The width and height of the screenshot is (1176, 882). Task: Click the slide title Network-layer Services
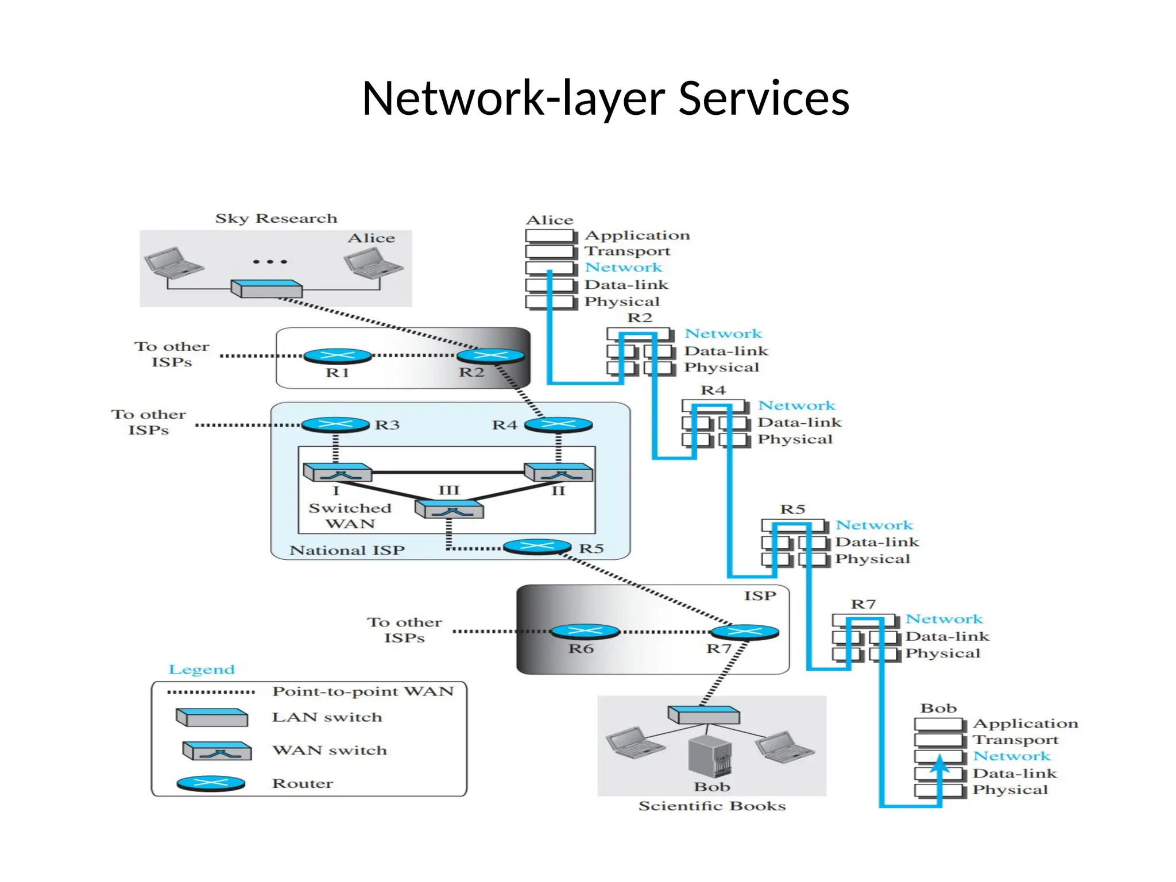(605, 98)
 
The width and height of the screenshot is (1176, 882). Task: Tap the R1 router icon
(337, 356)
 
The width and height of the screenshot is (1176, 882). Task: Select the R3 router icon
(335, 425)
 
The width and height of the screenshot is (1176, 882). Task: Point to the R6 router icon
(585, 632)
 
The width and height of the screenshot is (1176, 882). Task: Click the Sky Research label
(276, 219)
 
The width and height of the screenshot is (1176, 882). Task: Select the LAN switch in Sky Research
(266, 288)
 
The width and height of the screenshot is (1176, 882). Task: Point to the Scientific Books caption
(712, 806)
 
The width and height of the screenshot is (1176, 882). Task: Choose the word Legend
(202, 670)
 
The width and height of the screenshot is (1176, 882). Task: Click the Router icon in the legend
(211, 783)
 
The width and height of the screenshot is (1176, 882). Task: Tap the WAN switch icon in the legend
(217, 751)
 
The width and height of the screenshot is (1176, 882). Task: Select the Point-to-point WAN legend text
(363, 691)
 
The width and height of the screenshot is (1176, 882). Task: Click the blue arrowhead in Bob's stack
(939, 765)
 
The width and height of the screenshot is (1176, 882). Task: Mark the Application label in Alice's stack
(637, 235)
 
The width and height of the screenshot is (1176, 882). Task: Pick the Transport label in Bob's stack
(1015, 740)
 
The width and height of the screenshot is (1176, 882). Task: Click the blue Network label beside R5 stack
(874, 525)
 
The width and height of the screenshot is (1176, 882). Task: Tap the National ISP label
(347, 551)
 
